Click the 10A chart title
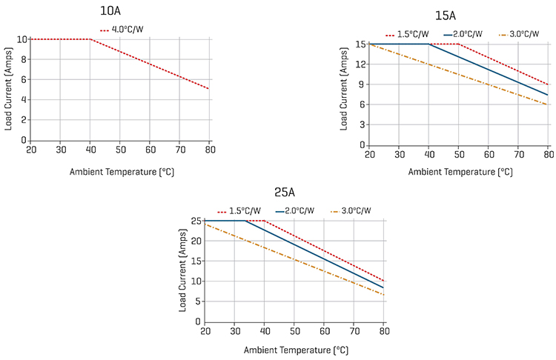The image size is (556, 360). [112, 11]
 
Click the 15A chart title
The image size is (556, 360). [445, 15]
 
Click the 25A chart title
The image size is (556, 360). [285, 193]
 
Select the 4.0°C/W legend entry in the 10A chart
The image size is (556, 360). [128, 30]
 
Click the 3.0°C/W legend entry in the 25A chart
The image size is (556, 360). [355, 211]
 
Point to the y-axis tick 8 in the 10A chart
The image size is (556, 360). [23, 59]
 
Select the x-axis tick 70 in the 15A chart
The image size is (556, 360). [519, 154]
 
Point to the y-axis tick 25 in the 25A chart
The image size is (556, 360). [196, 221]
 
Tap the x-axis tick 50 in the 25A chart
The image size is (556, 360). [294, 331]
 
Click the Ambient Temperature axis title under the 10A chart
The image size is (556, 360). [122, 171]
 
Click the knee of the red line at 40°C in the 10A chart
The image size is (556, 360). [90, 39]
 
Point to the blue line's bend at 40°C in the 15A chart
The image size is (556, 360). [429, 44]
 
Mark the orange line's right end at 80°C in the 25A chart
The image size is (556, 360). [383, 295]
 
